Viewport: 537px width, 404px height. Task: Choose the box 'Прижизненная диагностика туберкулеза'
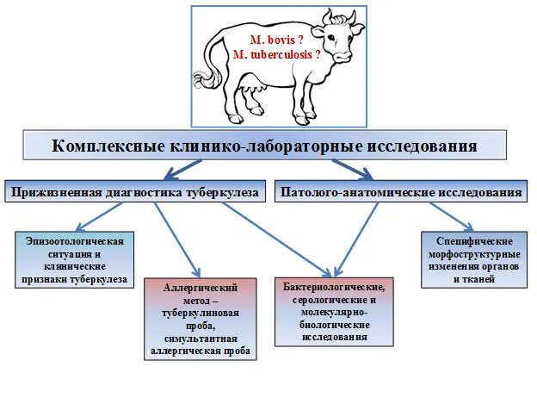click(x=135, y=193)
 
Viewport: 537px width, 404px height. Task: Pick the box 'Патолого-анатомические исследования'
click(x=401, y=193)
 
